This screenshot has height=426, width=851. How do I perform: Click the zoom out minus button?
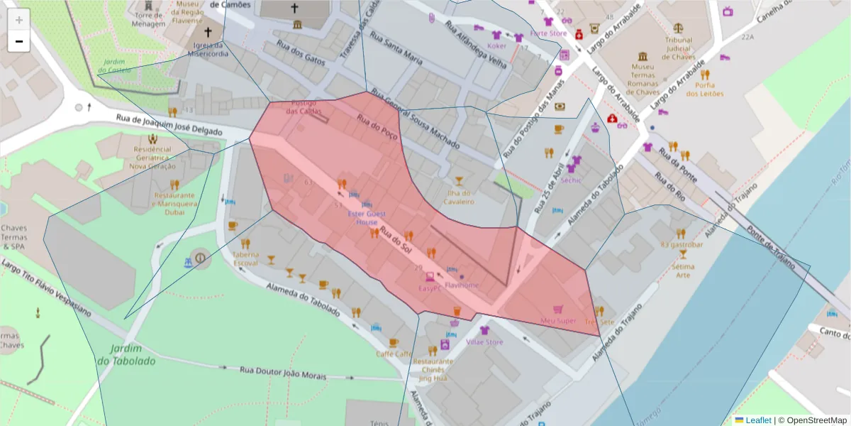pyautogui.click(x=18, y=41)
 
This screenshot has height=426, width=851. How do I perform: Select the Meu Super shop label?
pyautogui.click(x=558, y=321)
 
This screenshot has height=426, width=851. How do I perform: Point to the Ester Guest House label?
pyautogui.click(x=362, y=217)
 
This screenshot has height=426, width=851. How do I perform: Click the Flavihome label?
pyautogui.click(x=462, y=285)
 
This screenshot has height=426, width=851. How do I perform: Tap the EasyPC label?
pyautogui.click(x=430, y=288)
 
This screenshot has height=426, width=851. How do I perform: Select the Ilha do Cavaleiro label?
pyautogui.click(x=459, y=197)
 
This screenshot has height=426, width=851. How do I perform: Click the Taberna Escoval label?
pyautogui.click(x=245, y=258)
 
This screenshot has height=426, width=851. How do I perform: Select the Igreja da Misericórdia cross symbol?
pyautogui.click(x=208, y=33)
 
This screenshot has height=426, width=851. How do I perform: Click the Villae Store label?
pyautogui.click(x=484, y=342)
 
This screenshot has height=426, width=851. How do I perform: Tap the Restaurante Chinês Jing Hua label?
pyautogui.click(x=433, y=369)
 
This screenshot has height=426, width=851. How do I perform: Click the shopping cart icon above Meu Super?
pyautogui.click(x=558, y=310)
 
